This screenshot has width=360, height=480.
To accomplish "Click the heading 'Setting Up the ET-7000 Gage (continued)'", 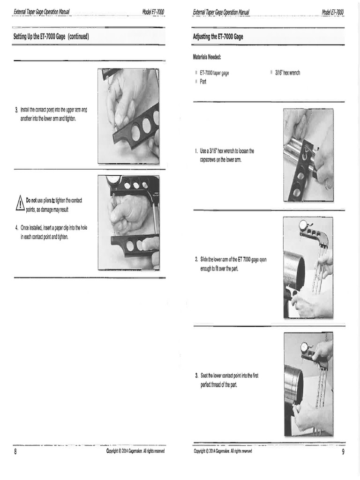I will tap(52, 36).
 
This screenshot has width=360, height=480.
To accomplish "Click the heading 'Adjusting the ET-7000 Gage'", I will tap(218, 36).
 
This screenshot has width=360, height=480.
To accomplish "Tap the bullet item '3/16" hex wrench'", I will tap(287, 73).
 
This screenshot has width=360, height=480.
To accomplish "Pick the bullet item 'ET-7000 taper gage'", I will tap(214, 73).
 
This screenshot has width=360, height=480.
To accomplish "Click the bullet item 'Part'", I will tap(203, 81).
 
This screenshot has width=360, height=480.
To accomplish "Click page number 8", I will tap(16, 452).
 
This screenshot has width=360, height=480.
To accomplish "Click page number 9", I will tap(343, 452).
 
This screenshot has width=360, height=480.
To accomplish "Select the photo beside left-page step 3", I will tap(128, 116).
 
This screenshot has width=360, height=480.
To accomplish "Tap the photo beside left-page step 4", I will tap(128, 223).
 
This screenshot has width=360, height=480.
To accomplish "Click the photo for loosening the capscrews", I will tap(308, 155).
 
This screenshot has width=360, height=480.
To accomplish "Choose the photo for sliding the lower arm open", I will tap(308, 267).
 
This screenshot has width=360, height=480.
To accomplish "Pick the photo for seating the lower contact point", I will tap(308, 383).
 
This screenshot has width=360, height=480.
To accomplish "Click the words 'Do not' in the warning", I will tap(31, 200).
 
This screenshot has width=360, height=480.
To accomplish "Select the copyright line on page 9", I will tap(223, 451).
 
